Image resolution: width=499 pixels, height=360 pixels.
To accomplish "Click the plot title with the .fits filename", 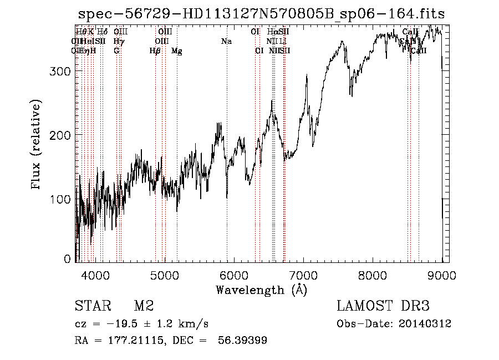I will click(262, 13).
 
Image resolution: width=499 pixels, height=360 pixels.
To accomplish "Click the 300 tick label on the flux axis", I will click(63, 71).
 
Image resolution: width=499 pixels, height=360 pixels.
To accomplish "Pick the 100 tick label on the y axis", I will click(63, 199).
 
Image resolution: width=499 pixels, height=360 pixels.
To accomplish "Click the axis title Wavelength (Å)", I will click(261, 290).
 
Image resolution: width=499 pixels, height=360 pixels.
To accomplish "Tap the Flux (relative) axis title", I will click(37, 145).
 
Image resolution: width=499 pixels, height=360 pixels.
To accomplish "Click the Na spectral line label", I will click(226, 42).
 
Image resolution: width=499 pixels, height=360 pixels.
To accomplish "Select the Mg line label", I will click(177, 51).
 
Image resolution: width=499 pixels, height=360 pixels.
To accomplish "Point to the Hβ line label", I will click(155, 51).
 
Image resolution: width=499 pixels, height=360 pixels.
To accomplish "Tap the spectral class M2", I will click(144, 306).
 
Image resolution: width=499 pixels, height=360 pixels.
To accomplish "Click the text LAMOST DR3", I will click(383, 306).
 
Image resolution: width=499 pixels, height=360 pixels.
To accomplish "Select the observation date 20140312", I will click(424, 324).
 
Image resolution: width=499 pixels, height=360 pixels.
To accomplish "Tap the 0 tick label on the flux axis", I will click(68, 258).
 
